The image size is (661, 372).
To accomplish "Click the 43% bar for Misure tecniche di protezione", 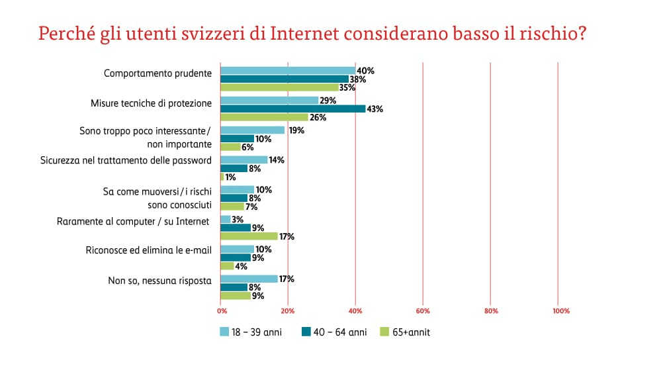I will coord(292,109).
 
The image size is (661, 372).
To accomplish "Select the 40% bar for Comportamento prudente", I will coord(288,70).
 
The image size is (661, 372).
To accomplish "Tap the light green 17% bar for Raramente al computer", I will coord(249,236).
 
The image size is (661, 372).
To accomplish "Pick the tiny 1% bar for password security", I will coord(222,177).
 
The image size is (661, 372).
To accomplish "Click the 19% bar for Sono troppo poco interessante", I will coord(252,130).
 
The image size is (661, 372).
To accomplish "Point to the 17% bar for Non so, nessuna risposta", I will coord(249,279).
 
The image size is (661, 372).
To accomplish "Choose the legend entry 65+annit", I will coord(406,332).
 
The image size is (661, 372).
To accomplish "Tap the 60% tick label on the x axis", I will coord(423,310).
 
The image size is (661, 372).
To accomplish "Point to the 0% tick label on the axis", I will coord(222,310).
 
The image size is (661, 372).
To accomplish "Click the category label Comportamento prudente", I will coord(157,73).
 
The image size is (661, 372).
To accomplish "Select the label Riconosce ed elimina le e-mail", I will coord(149,250).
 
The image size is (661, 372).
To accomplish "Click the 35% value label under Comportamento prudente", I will coord(347,87).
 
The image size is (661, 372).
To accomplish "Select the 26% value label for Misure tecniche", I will coord(318,118).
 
